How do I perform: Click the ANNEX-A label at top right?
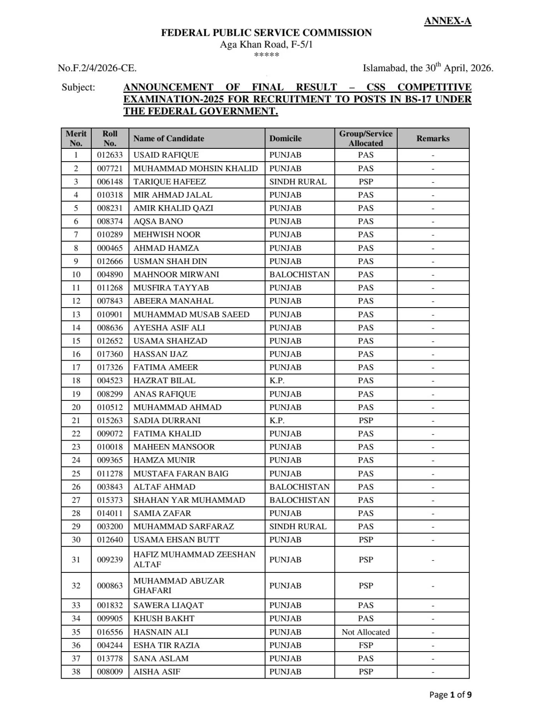tap(448, 21)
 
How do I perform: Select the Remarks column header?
tap(433, 138)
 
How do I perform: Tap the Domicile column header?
tap(285, 138)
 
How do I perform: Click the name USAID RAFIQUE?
tap(166, 155)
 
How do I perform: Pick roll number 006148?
tap(110, 182)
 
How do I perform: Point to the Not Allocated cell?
tap(366, 632)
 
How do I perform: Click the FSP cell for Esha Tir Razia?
tap(366, 645)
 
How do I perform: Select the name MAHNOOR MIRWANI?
tap(176, 274)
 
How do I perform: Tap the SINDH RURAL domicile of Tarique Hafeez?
tap(298, 182)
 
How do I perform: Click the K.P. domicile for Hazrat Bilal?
tap(277, 380)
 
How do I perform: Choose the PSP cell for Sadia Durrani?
tap(366, 420)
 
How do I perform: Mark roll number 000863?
tap(110, 586)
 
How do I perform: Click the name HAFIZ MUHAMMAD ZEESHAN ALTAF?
tap(194, 559)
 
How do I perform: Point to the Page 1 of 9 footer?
tap(450, 694)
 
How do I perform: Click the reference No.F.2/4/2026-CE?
tap(97, 68)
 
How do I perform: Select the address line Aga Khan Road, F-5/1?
tap(266, 44)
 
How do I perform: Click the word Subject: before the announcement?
tap(78, 87)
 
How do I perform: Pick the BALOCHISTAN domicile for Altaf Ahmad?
tap(299, 487)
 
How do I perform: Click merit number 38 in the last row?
tap(76, 672)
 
